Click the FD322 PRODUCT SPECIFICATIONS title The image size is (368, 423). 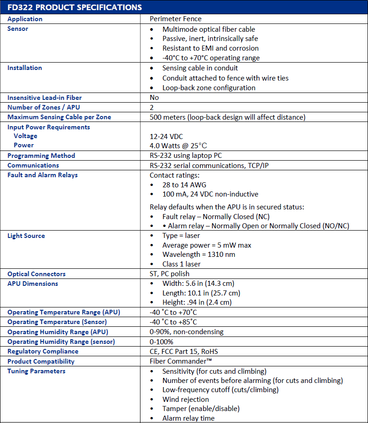coord(75,7)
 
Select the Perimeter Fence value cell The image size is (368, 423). coord(175,19)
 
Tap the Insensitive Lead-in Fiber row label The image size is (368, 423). coord(44,98)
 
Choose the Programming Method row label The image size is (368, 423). coord(41,156)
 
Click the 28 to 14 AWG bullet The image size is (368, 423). coord(184,185)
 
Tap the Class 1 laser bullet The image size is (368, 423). coord(181,264)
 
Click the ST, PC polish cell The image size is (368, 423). coord(169,274)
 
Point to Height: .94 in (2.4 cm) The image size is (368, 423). coord(197,302)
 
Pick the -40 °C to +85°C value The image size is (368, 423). coord(173,322)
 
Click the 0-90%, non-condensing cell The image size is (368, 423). coord(187,332)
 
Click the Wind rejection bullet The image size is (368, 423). coord(185,399)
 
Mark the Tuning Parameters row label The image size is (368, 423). coord(36,371)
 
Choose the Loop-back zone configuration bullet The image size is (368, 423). coord(209,87)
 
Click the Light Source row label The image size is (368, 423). coord(26,236)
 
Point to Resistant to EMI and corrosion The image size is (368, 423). coord(210,48)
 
